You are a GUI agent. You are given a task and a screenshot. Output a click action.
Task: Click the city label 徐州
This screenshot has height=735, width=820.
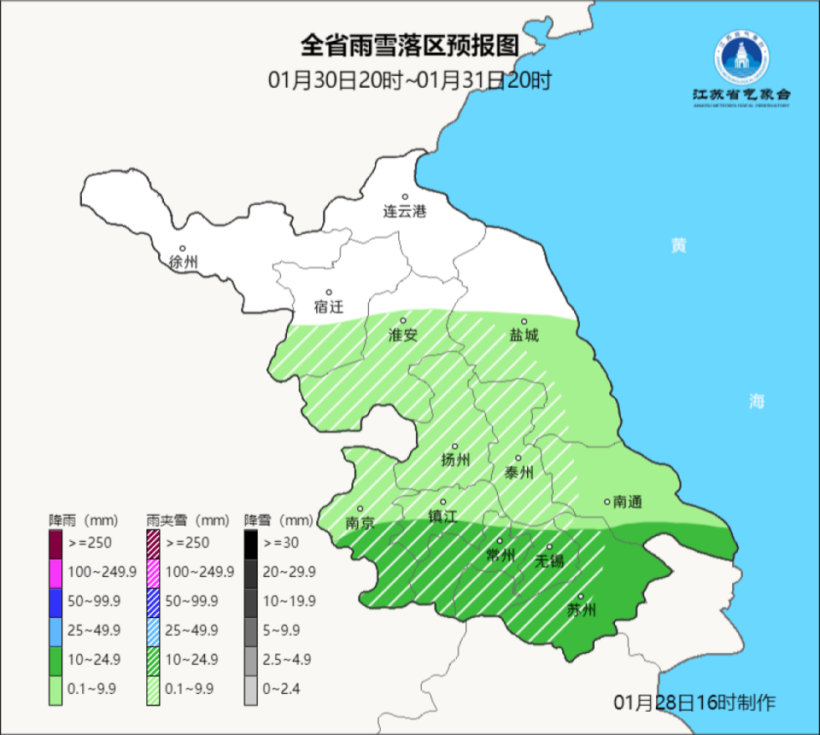click(x=184, y=262)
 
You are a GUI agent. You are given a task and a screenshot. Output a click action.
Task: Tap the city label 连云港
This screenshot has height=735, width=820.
click(x=404, y=211)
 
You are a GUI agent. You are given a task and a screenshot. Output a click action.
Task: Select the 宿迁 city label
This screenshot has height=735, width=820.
click(x=329, y=306)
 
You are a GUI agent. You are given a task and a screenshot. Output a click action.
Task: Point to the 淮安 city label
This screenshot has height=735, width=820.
click(x=403, y=335)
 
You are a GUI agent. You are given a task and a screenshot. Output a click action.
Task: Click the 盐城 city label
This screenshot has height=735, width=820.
click(x=524, y=335)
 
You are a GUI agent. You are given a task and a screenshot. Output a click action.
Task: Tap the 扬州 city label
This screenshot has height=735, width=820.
click(x=455, y=460)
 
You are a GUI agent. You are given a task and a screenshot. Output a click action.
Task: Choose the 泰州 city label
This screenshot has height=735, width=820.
click(x=518, y=472)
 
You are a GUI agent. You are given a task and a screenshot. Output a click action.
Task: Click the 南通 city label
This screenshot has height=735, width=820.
click(x=627, y=502)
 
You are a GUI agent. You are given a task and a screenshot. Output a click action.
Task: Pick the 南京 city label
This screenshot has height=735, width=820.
click(x=360, y=522)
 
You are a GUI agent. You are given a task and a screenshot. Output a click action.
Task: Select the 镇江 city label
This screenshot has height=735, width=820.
click(x=442, y=516)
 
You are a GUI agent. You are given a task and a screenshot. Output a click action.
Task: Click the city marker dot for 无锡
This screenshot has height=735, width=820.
click(x=550, y=546)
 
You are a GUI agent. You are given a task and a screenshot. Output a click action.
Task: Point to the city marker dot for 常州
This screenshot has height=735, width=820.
click(x=501, y=540)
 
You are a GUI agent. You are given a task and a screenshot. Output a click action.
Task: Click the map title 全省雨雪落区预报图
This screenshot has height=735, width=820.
click(x=410, y=44)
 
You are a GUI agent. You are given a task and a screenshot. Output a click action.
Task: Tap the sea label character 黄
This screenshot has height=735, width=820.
click(x=678, y=246)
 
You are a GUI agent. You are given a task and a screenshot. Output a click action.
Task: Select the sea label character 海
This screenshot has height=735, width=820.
click(x=757, y=401)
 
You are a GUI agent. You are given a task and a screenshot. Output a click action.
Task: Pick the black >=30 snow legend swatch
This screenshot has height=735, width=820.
click(x=250, y=541)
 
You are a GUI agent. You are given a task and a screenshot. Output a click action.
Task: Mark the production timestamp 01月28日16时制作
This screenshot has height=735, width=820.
click(x=694, y=703)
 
